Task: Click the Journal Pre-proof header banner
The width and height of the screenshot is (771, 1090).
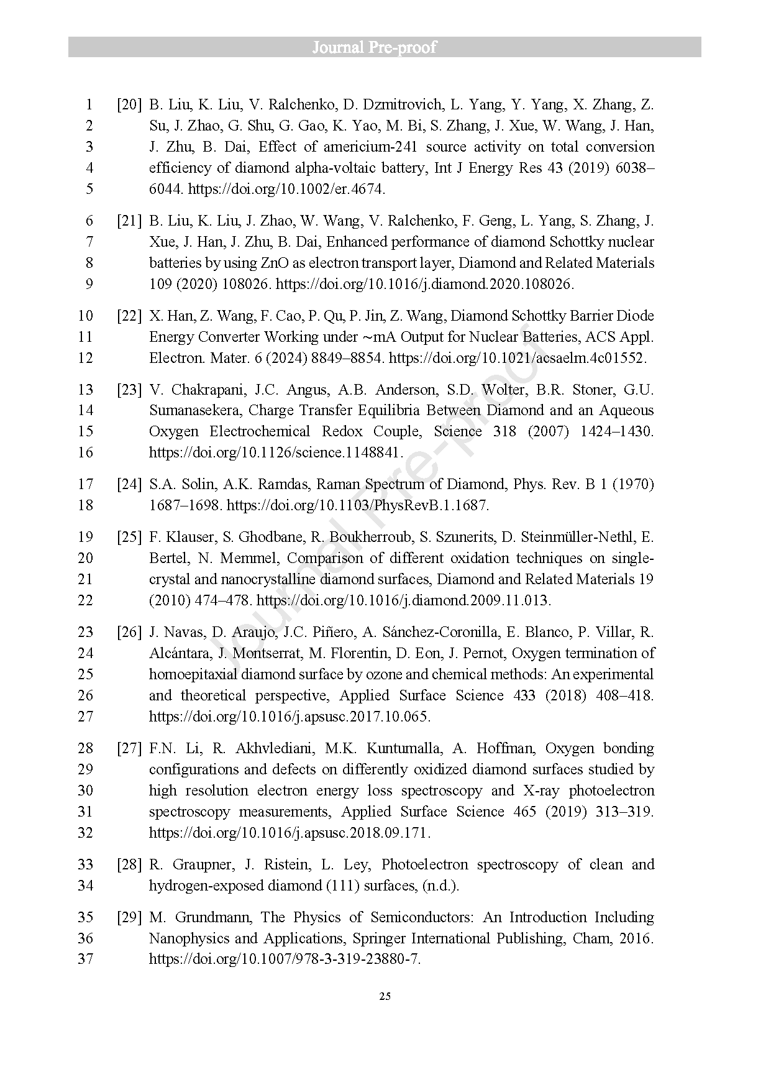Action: tap(385, 47)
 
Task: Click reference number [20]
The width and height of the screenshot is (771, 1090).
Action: tap(129, 104)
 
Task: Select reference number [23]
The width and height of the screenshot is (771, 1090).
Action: tap(129, 390)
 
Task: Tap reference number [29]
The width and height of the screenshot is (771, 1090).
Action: tap(129, 917)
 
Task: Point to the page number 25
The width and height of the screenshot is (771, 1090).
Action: tap(385, 997)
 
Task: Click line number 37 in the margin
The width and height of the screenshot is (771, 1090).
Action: tap(85, 959)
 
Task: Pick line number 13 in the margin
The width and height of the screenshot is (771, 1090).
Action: tap(85, 390)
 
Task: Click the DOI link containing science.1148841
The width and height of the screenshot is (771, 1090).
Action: tap(276, 452)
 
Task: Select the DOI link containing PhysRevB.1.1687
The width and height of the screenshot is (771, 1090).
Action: tap(358, 505)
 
